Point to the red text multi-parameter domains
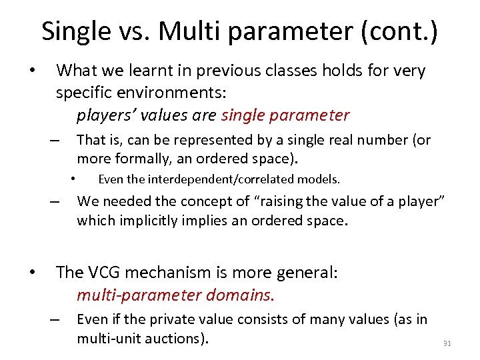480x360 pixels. pyautogui.click(x=175, y=294)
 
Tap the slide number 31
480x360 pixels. pyautogui.click(x=447, y=343)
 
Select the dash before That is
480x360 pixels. pyautogui.click(x=55, y=141)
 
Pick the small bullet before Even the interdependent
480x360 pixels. pyautogui.click(x=75, y=179)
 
